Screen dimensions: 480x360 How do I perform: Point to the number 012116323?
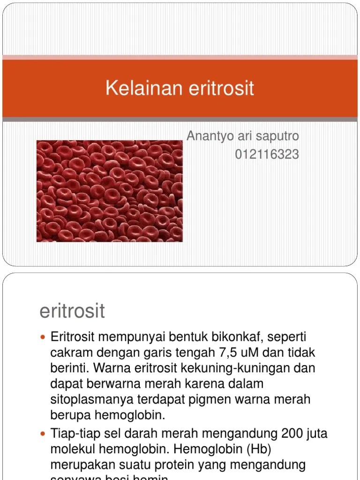tap(267, 154)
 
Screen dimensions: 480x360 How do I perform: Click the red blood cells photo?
tap(110, 191)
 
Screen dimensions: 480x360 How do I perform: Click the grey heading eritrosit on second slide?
tap(72, 311)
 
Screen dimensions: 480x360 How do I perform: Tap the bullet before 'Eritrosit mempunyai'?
tap(43, 337)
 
